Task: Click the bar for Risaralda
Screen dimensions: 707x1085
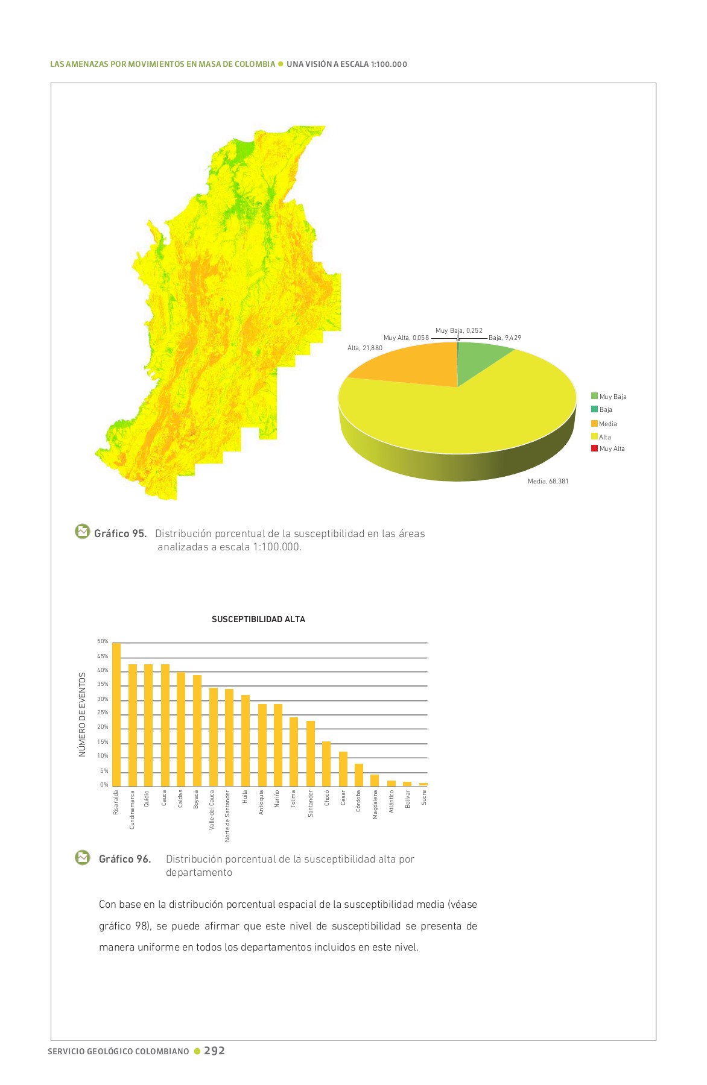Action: click(116, 714)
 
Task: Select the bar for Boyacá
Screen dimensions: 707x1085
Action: click(197, 731)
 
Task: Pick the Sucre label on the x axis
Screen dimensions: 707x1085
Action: click(424, 797)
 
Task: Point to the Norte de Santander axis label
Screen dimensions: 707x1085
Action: click(228, 816)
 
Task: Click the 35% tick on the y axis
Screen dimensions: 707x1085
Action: click(103, 685)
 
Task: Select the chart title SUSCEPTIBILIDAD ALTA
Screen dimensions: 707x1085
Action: click(258, 619)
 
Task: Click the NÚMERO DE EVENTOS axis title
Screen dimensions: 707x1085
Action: click(83, 714)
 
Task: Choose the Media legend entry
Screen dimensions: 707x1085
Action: click(607, 424)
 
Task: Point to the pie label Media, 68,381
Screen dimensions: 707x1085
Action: click(548, 481)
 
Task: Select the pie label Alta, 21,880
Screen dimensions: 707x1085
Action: click(364, 348)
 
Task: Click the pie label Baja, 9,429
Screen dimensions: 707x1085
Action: click(504, 338)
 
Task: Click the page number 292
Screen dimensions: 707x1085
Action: click(214, 1051)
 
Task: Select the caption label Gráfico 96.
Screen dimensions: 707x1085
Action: click(125, 859)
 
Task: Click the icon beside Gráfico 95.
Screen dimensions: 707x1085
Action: click(82, 532)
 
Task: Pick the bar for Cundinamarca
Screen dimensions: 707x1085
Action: click(133, 725)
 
